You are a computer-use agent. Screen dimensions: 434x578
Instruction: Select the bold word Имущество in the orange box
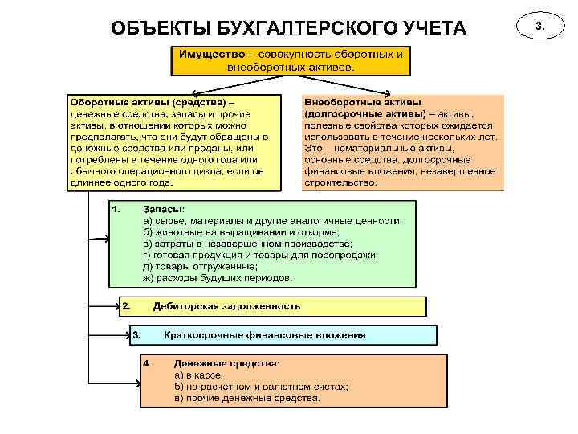coord(210,54)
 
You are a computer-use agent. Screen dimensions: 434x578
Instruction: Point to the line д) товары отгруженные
coord(201,267)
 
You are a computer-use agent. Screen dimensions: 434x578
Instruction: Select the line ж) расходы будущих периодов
coord(218,278)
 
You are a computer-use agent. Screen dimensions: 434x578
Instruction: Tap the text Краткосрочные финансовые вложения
coord(265,335)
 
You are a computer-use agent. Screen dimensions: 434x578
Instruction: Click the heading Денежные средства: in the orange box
coord(227,363)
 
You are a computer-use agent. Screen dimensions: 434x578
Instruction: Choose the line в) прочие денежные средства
coord(247,397)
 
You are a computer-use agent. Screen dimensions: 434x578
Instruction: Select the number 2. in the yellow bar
coord(126,306)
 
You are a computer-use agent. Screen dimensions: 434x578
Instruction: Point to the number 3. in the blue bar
coord(136,335)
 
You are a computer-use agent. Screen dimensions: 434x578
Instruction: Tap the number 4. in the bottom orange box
coord(148,363)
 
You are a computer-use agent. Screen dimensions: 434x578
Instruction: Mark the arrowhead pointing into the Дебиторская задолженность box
coord(116,306)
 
